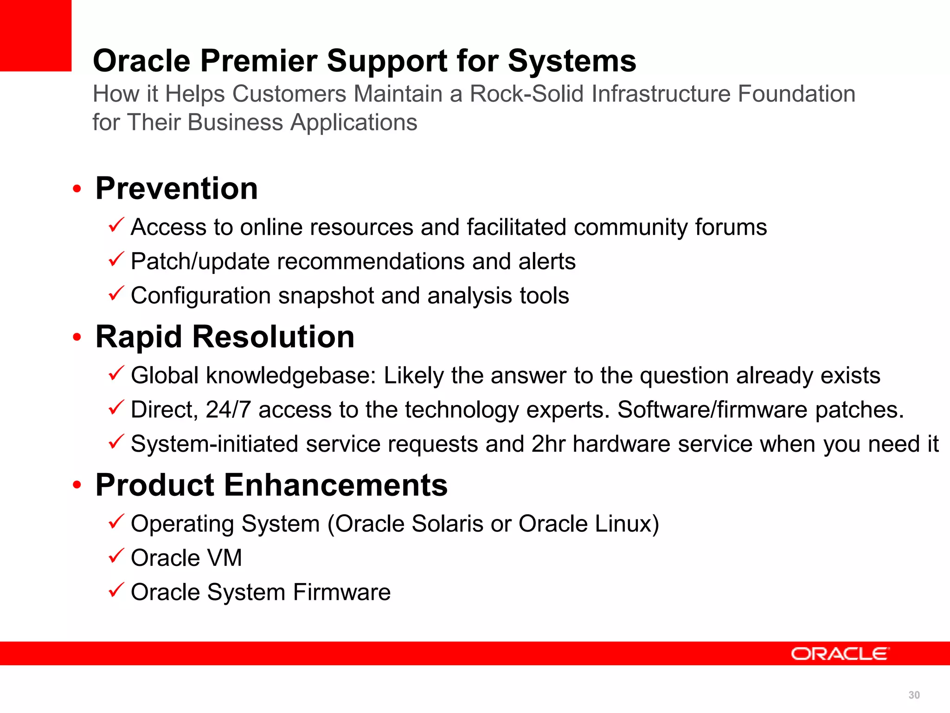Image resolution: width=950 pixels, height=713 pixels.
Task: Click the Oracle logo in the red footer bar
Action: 840,654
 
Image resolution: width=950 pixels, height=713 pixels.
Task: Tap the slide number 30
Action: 914,695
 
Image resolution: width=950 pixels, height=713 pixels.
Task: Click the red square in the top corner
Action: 35,35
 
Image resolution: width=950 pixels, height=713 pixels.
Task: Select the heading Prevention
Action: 176,188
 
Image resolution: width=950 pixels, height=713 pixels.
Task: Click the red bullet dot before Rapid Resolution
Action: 77,337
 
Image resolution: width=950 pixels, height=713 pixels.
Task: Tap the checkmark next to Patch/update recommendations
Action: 116,259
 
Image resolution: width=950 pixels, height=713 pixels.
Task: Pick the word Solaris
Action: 447,524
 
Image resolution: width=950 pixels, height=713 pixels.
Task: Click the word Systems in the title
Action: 572,61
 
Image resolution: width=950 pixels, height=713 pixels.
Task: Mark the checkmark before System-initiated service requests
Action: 116,441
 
